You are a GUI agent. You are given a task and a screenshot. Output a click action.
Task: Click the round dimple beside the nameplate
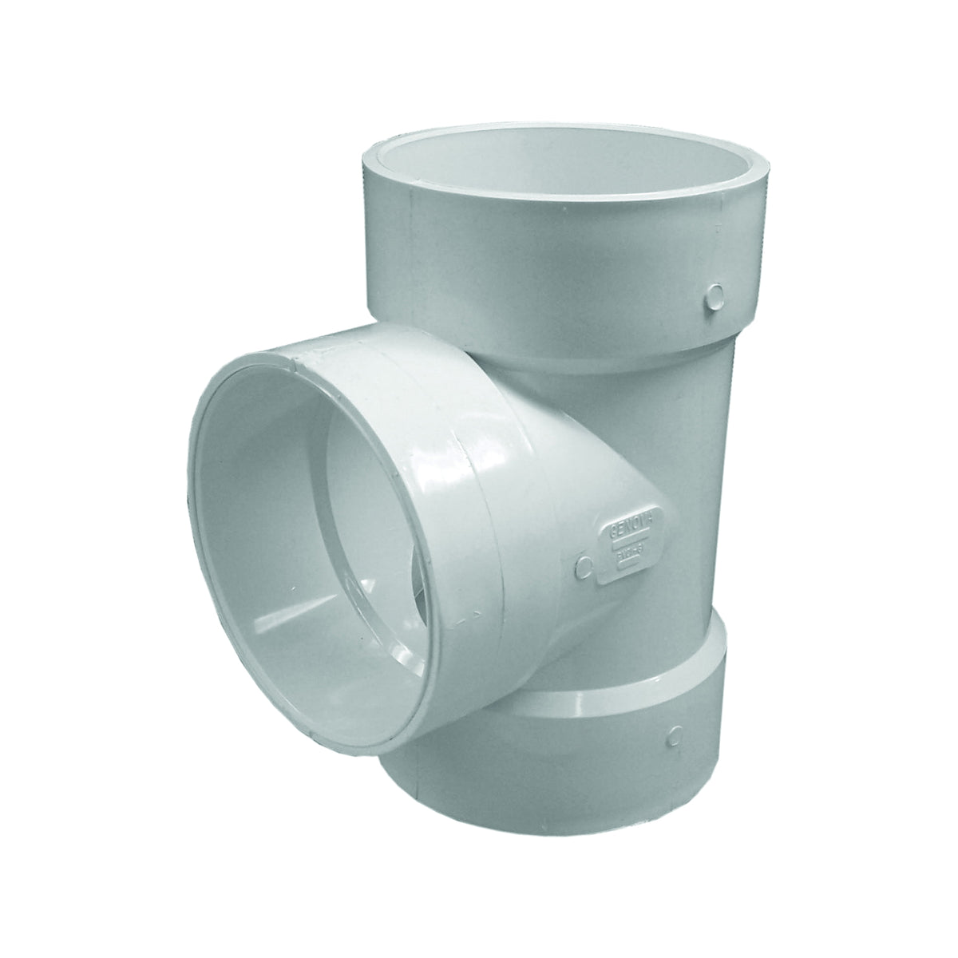pos(584,566)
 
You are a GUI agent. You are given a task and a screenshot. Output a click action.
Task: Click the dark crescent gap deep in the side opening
pos(415,591)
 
